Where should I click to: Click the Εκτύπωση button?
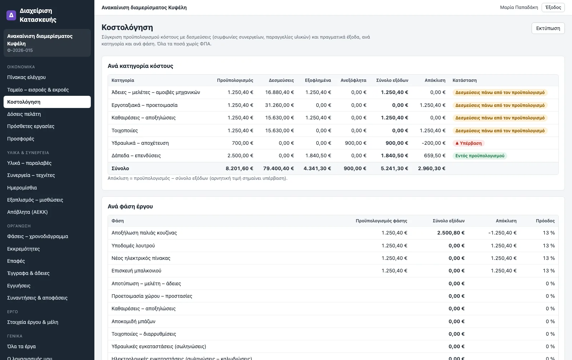[x=548, y=28]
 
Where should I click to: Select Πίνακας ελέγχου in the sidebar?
[x=26, y=77]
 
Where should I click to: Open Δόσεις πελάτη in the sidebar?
[x=24, y=114]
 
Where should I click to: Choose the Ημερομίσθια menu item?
[x=22, y=188]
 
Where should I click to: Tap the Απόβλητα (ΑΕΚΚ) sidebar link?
[x=27, y=212]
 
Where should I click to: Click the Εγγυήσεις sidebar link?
[x=19, y=286]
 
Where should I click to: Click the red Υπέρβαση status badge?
[x=469, y=143]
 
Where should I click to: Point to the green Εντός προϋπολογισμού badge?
[x=480, y=156]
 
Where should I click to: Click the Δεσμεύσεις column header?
[x=281, y=80]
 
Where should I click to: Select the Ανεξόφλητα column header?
[x=354, y=80]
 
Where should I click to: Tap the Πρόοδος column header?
[x=545, y=221]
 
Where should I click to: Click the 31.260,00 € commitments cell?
[x=279, y=105]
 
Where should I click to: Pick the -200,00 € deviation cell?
[x=434, y=143]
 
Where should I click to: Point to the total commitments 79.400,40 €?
[x=278, y=168]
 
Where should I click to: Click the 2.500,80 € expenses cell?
[x=451, y=233]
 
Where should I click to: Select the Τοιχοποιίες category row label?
[x=125, y=131]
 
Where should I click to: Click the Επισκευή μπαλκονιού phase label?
[x=136, y=271]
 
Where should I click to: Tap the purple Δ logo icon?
[x=11, y=15]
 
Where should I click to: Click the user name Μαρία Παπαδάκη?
[x=519, y=8]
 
